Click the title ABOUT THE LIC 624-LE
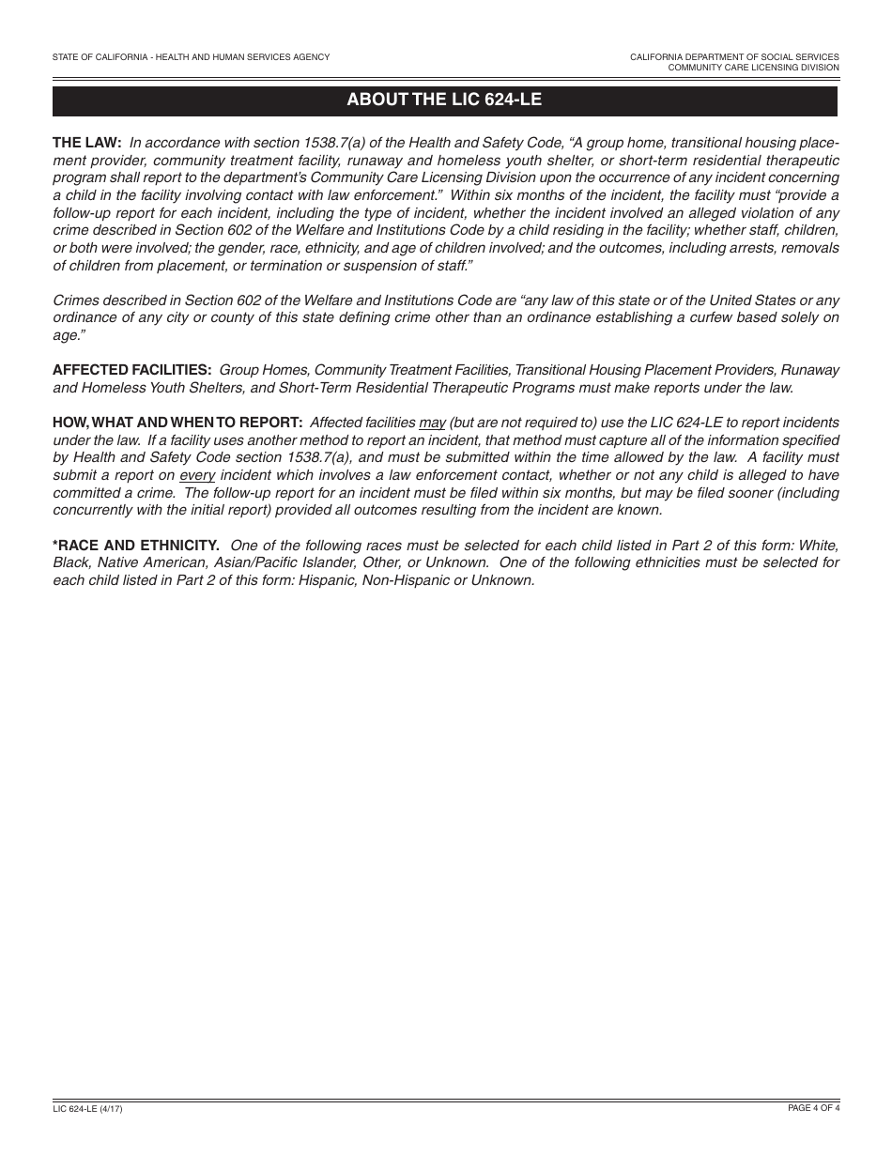tap(444, 99)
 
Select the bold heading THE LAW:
tap(86, 143)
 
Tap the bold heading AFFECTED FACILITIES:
tap(131, 370)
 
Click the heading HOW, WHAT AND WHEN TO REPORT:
tap(177, 423)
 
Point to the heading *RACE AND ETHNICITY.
tap(136, 545)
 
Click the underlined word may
tap(432, 423)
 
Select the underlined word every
tap(197, 475)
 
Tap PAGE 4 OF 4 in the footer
tap(813, 1109)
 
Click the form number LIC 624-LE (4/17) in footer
tap(87, 1110)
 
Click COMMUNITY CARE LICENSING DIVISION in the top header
tap(753, 68)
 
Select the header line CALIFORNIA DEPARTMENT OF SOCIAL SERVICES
tap(734, 57)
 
